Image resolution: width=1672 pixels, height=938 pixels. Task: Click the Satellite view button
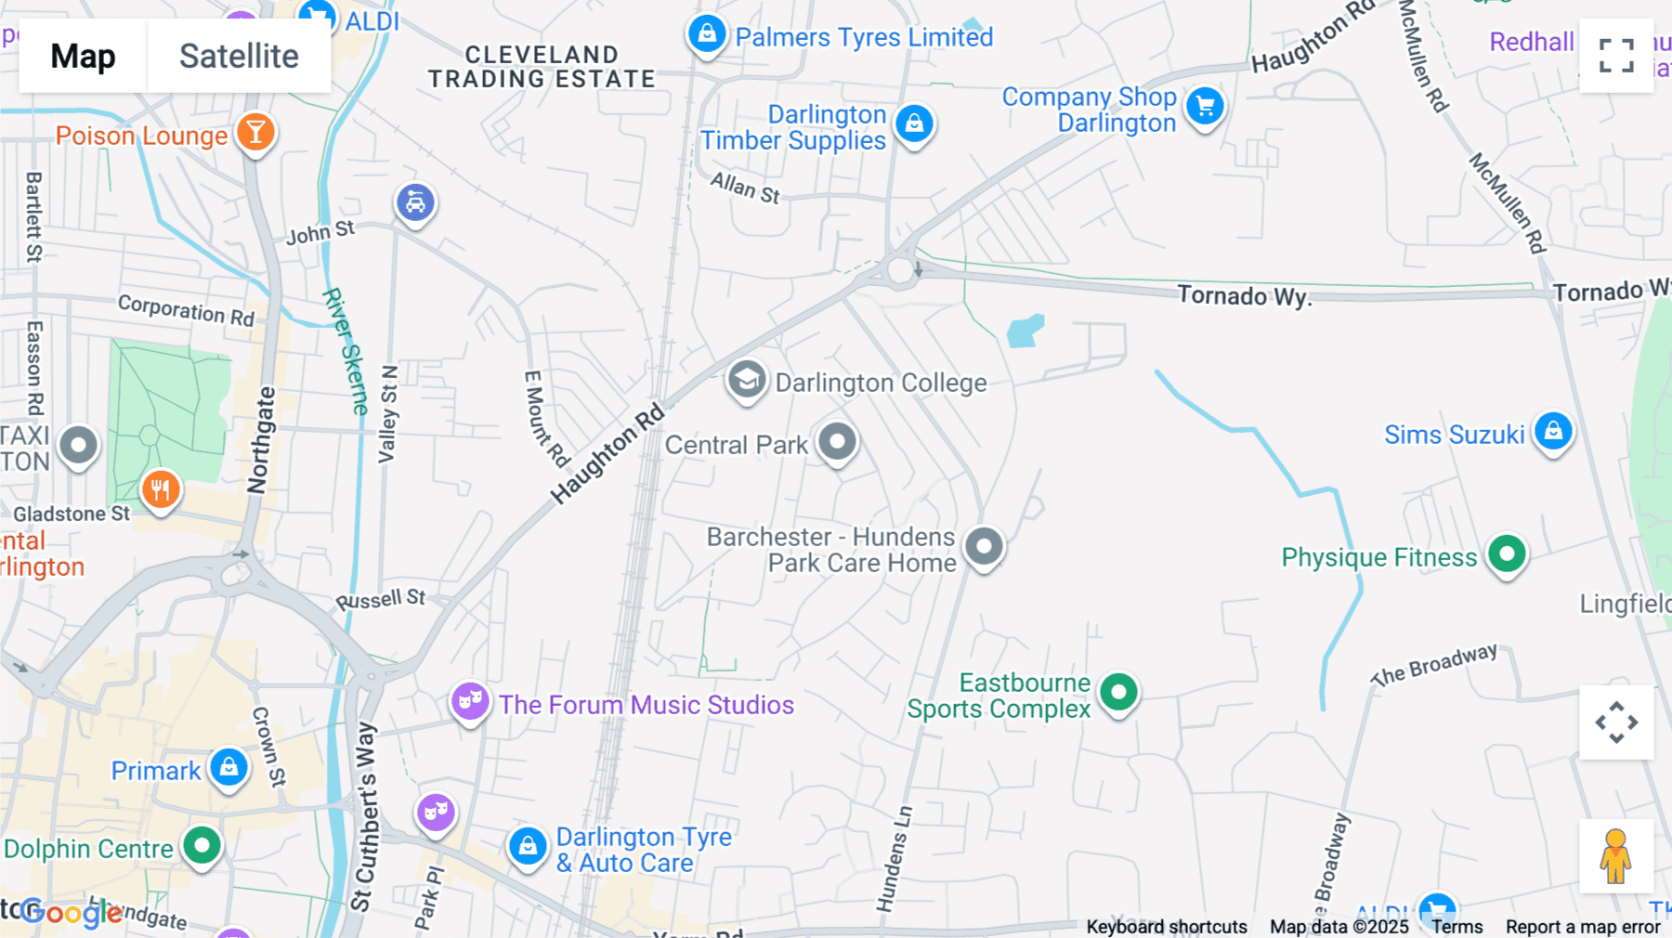click(x=239, y=57)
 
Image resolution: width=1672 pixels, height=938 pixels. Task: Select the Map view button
click(x=83, y=57)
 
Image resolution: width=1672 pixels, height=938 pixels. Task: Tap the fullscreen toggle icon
click(x=1616, y=56)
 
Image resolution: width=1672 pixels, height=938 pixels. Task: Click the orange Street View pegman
click(x=1615, y=856)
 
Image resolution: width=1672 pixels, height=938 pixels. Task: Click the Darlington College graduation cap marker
click(x=746, y=380)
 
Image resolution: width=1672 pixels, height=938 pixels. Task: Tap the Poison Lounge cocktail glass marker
click(x=255, y=133)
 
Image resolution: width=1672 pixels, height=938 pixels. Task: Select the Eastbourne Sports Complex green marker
click(x=1118, y=693)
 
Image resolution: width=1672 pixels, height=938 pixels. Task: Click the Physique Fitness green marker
click(x=1507, y=554)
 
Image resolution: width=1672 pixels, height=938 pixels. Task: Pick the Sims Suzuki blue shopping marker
click(x=1553, y=431)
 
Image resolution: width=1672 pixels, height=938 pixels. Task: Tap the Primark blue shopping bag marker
click(x=229, y=768)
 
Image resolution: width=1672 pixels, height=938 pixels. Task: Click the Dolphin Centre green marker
click(x=202, y=846)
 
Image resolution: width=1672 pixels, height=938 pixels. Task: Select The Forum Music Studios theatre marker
click(x=470, y=702)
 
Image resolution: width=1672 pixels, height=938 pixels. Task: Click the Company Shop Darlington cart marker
click(x=1205, y=107)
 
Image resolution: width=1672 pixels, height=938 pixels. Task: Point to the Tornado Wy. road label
click(x=1244, y=296)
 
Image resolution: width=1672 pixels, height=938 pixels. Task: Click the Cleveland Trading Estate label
click(x=542, y=67)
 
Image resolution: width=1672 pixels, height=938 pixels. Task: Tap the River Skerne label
click(x=346, y=351)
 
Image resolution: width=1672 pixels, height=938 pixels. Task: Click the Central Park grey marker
click(x=837, y=442)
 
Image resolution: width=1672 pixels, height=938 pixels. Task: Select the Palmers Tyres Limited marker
click(x=707, y=34)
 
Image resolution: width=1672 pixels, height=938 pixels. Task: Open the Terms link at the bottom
click(x=1456, y=927)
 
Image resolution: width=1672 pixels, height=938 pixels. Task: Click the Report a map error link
click(x=1583, y=927)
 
